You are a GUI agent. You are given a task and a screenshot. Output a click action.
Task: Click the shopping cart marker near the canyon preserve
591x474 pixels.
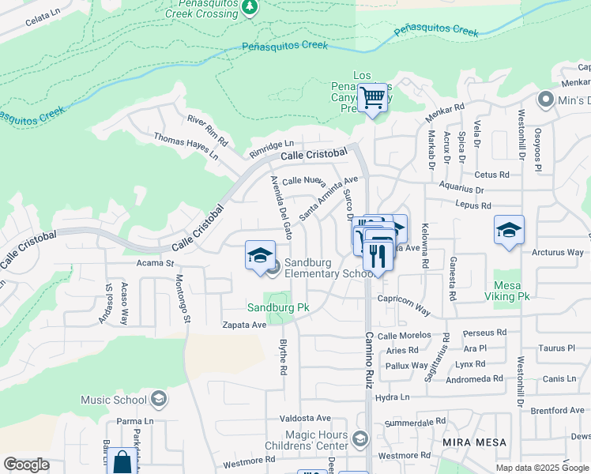tap(372, 99)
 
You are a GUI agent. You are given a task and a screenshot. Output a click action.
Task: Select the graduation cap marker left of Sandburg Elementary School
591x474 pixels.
tap(260, 255)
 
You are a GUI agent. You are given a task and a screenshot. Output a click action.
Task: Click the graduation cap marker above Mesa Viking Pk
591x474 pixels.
tap(510, 230)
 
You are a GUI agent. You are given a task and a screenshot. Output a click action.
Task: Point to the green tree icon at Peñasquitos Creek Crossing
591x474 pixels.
tap(250, 7)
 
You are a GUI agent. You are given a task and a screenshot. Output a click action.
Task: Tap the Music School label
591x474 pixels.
tap(114, 400)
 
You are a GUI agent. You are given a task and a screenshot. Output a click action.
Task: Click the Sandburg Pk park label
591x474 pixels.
tap(277, 307)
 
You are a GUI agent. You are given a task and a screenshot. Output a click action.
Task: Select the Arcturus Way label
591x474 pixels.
tap(556, 253)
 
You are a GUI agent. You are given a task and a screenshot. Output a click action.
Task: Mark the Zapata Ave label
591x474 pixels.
tap(244, 325)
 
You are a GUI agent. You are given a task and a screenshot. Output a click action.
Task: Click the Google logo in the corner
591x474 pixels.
tap(26, 465)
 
